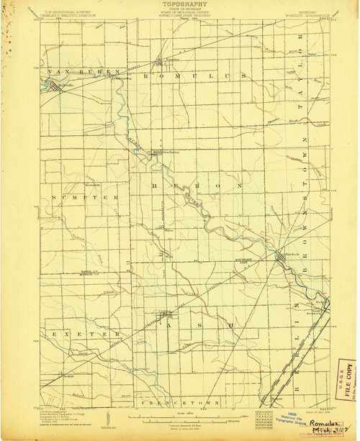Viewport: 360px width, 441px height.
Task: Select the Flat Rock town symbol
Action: tap(282, 258)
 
